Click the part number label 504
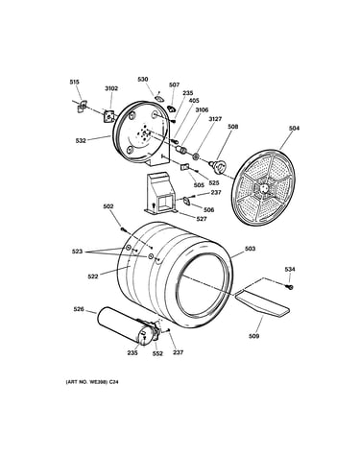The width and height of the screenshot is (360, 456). coord(294,129)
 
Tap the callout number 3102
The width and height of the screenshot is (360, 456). coord(111,88)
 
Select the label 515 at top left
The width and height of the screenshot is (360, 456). coord(74,83)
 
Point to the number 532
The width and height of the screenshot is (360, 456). coord(81,140)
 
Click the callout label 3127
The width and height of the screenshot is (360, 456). coord(215,119)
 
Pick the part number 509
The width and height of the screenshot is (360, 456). coord(253,336)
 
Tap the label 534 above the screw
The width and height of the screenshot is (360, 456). coord(290,270)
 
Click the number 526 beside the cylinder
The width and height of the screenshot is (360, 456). coord(79,309)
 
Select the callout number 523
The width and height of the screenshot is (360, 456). coord(77,252)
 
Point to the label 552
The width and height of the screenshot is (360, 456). coord(157,353)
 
